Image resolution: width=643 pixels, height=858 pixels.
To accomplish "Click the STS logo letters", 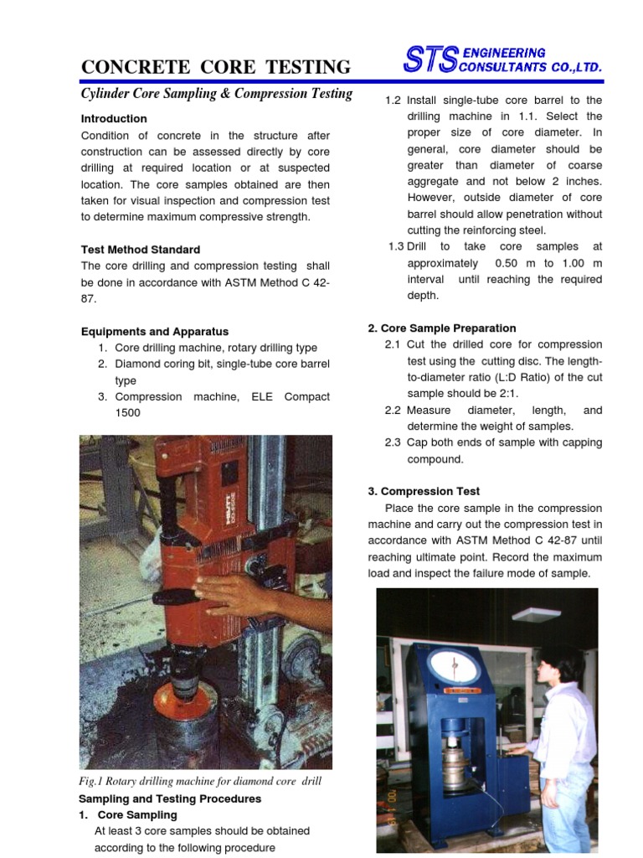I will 430,59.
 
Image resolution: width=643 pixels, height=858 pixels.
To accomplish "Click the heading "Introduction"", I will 114,119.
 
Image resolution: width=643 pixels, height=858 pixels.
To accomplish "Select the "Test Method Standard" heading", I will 141,250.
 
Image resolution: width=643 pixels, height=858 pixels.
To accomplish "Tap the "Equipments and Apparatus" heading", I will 155,332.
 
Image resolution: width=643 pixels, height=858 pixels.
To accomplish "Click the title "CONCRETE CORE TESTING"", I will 216,67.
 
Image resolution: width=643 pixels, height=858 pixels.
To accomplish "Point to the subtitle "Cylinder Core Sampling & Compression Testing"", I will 217,94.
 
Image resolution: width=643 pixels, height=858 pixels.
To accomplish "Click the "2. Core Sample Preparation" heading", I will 442,328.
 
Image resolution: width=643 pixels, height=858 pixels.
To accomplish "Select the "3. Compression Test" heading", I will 424,492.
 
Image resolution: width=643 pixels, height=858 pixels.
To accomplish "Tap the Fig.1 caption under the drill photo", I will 200,781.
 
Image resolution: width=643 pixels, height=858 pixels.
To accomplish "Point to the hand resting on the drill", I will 226,594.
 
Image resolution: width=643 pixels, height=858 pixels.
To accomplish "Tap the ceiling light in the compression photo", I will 536,614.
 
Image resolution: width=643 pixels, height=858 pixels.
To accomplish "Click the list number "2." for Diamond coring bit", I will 102,364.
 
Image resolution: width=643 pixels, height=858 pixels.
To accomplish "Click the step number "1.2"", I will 394,101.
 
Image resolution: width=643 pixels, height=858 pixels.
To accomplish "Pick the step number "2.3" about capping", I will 394,443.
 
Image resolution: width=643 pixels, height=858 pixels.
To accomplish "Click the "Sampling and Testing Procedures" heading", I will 170,799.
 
